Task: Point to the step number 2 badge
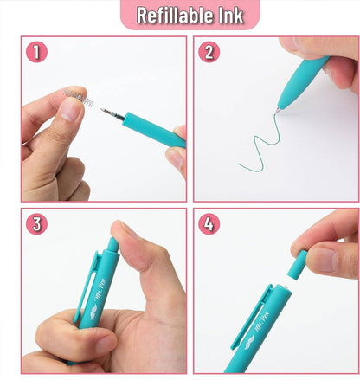(x=209, y=52)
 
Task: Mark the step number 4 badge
(x=209, y=224)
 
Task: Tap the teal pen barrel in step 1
(x=151, y=129)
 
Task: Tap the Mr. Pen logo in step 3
(x=89, y=308)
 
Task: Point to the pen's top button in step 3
(x=112, y=246)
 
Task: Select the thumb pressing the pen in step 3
(x=134, y=251)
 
